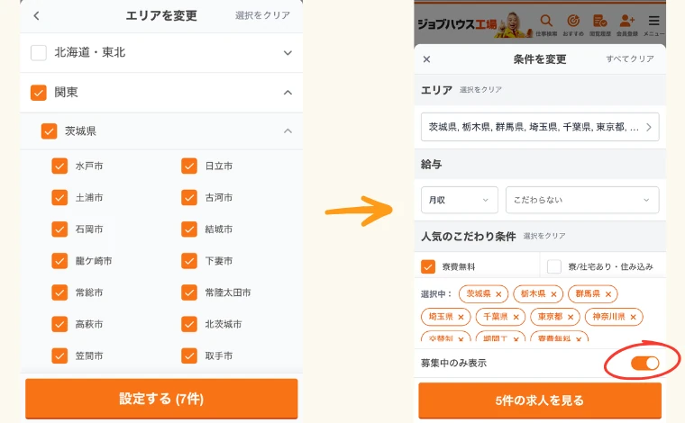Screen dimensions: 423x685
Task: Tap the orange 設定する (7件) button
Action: click(x=161, y=398)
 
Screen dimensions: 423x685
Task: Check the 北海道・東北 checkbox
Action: click(x=39, y=52)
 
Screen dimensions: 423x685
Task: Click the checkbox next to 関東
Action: click(x=39, y=92)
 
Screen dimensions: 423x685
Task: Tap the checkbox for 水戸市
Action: click(x=59, y=166)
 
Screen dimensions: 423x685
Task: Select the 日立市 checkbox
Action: click(x=189, y=166)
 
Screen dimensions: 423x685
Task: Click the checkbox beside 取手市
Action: click(x=189, y=355)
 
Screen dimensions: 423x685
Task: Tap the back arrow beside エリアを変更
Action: click(x=36, y=15)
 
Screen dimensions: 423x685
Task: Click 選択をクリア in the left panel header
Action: click(x=262, y=15)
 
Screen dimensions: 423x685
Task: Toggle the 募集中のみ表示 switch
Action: click(x=644, y=363)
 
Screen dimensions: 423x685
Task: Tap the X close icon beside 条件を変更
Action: click(x=427, y=59)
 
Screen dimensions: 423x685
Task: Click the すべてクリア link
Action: click(x=629, y=59)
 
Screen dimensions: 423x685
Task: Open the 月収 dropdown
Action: click(x=459, y=200)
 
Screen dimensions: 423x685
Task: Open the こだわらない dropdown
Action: click(x=581, y=200)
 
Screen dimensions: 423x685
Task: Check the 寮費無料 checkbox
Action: click(x=428, y=266)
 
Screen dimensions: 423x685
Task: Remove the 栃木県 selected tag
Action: click(x=553, y=294)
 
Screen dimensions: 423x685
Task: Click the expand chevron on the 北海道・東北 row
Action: click(x=288, y=52)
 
